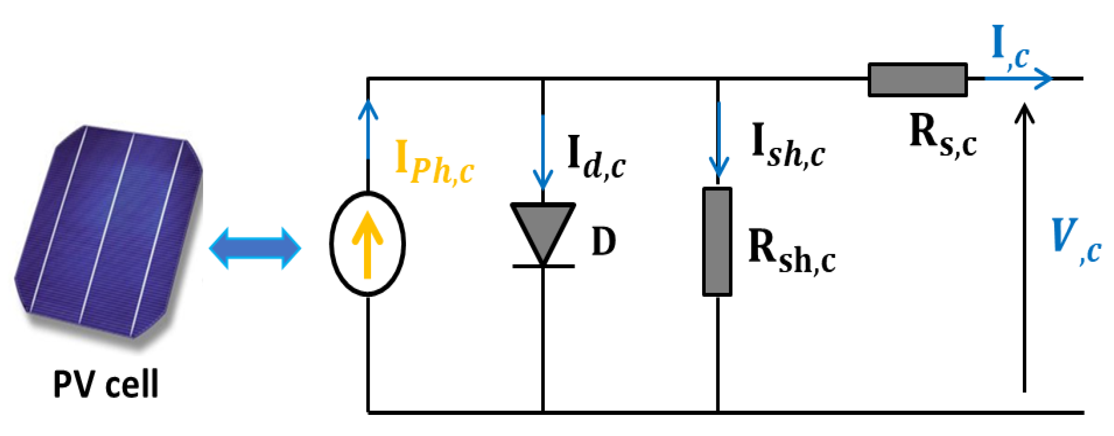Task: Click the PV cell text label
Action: pos(106,383)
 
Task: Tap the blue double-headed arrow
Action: pos(255,248)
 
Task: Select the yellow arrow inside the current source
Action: pos(367,245)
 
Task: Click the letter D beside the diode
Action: pos(604,242)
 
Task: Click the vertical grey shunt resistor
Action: pos(717,242)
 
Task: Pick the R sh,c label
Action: pos(791,251)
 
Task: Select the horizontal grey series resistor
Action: pos(918,79)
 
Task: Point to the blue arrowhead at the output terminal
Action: pos(1042,79)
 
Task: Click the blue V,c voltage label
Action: pos(1075,241)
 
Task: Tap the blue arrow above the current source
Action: pos(368,130)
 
